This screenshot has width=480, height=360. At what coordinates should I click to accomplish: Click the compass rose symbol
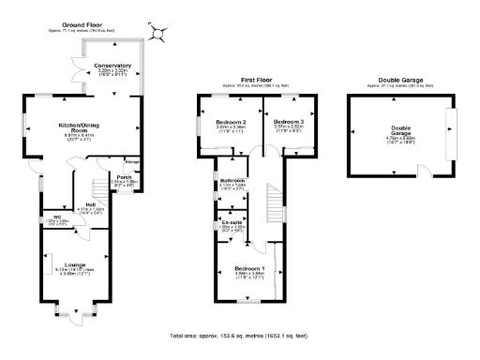pos(158,32)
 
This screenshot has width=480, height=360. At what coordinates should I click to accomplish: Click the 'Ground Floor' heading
pos(83,24)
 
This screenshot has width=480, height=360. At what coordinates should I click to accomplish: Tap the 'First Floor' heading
pos(256,81)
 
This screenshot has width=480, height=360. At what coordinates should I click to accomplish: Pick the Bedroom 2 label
pos(231,123)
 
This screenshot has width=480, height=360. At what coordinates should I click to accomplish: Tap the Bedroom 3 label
pos(289,123)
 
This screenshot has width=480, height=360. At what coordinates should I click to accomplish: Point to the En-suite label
pos(232,221)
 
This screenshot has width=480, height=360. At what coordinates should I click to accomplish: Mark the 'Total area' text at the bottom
pos(239,335)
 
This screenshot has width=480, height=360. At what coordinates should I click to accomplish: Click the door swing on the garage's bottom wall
pos(424,172)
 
